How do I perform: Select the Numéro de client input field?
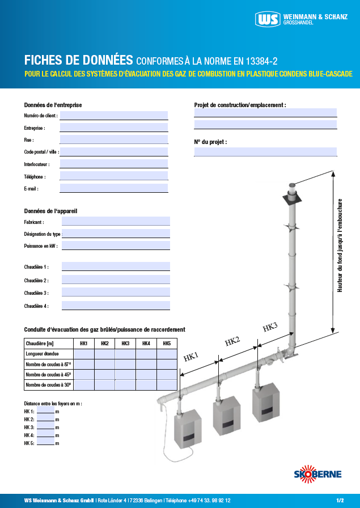pos(113,116)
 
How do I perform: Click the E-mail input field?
pos(113,188)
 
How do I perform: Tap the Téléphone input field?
pos(113,176)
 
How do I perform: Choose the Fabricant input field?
pos(116,222)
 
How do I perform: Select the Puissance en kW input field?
pos(116,245)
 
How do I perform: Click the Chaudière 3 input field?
pos(116,293)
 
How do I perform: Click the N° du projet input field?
pos(265,152)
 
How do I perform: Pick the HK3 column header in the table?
pos(125,344)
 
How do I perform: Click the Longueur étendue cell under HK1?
pos(84,354)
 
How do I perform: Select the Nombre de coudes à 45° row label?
pos(48,375)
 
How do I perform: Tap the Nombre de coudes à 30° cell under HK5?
pos(167,385)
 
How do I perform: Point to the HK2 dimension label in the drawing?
pos(232,341)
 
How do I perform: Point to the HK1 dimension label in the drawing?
pos(191,356)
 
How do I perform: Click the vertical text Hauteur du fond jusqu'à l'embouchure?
pos(340,245)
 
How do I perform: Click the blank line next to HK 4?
pos(45,435)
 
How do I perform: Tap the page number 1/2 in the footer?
pos(340,501)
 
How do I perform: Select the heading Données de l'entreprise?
pos(53,105)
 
